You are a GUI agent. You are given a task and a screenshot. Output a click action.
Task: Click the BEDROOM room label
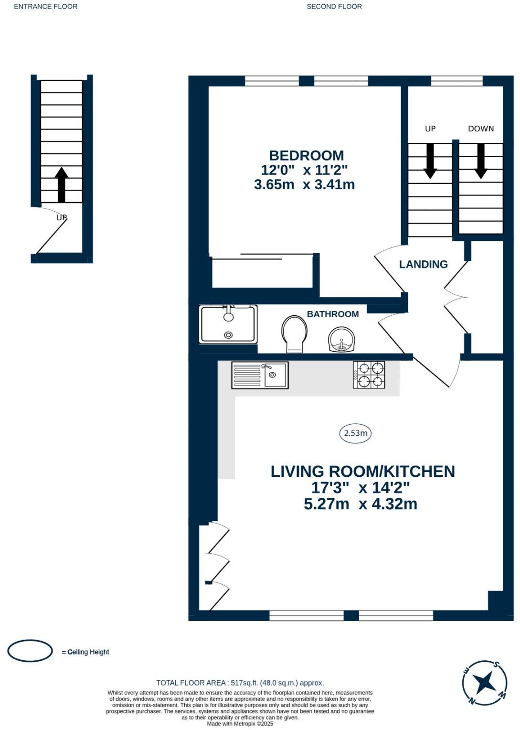click(306, 155)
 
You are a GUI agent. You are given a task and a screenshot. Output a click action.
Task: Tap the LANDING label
click(423, 264)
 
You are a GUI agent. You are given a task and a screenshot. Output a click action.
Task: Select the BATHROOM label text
click(333, 314)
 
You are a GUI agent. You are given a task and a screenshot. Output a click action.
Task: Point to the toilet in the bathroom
click(294, 334)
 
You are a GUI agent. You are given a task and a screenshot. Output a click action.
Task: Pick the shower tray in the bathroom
click(228, 324)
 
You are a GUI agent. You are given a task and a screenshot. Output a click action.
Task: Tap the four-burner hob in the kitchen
click(369, 375)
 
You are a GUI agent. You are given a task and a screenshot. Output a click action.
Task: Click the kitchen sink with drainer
click(260, 375)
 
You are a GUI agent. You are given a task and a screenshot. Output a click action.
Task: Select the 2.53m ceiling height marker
click(355, 433)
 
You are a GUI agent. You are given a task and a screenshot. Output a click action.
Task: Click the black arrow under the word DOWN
click(480, 161)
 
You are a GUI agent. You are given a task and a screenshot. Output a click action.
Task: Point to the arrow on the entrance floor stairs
click(61, 184)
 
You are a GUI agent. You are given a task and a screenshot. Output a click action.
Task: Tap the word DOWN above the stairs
click(481, 129)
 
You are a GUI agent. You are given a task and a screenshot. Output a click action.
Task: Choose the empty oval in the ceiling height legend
click(30, 651)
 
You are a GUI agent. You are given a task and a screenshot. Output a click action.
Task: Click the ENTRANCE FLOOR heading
click(46, 7)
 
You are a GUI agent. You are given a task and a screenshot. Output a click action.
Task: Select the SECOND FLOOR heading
click(334, 7)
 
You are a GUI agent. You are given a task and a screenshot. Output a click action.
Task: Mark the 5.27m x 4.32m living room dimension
click(361, 504)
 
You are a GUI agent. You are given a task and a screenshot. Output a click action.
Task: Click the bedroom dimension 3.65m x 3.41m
click(304, 185)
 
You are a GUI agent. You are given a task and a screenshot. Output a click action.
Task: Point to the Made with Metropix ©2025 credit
click(240, 724)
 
